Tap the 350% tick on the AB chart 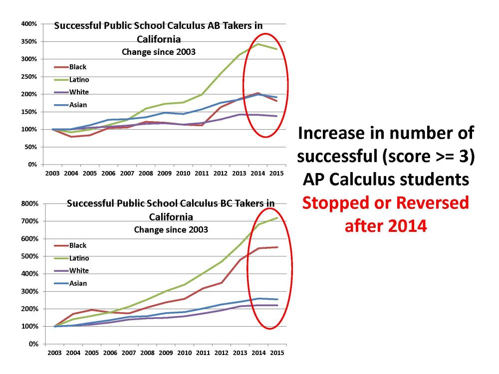30,41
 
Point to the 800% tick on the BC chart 30,203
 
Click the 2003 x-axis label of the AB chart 52,173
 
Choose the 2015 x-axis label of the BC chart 277,353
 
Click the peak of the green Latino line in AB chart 258,44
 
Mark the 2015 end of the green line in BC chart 277,218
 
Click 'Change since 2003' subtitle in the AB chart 159,51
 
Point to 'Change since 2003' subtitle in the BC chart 171,230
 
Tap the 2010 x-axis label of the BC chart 184,353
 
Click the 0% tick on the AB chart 32,165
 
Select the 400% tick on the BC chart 30,274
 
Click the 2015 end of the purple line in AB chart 277,116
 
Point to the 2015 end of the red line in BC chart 277,247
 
